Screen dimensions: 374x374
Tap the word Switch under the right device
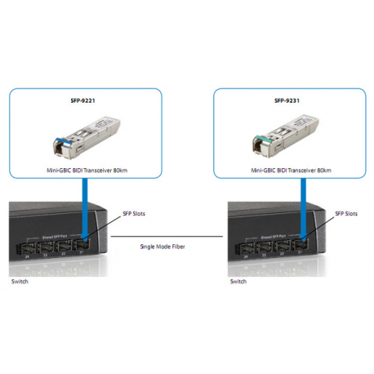(x=238, y=282)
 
